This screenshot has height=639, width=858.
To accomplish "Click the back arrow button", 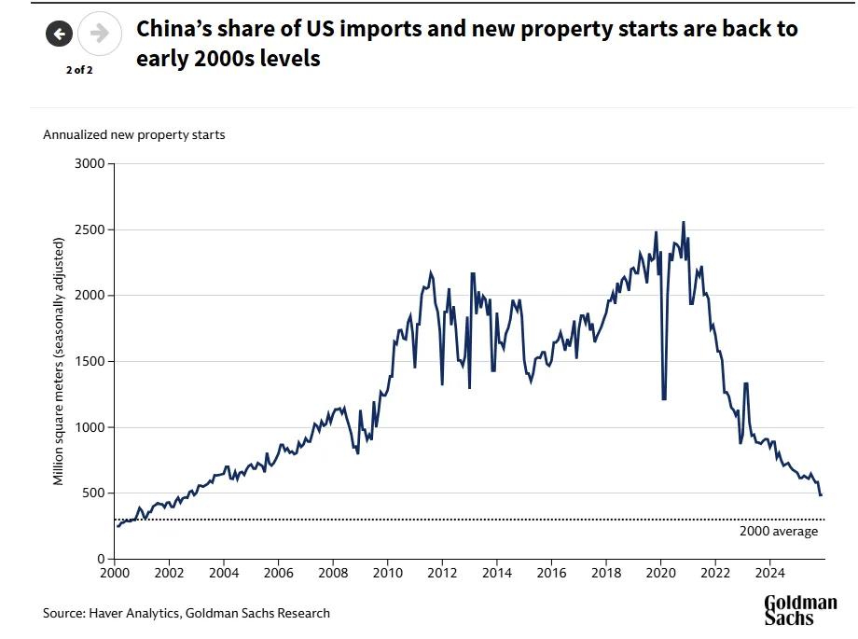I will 59,35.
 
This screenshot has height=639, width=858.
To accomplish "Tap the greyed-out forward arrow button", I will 99,35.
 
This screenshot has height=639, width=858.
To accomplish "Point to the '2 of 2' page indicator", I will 78,70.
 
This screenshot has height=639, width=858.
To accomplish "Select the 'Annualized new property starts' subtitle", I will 133,134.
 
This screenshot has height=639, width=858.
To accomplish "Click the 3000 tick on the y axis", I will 92,164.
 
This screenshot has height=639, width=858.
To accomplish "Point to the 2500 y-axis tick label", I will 92,229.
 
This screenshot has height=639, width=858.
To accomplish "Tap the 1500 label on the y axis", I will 92,362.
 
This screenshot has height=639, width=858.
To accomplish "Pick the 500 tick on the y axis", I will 96,493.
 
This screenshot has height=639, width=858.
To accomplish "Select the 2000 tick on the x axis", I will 115,572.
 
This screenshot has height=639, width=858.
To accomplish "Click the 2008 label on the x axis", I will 333,572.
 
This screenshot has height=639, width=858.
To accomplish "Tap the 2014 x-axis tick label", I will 497,572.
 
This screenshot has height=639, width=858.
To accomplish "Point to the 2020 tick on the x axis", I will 660,572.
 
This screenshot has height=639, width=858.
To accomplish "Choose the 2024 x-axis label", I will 769,572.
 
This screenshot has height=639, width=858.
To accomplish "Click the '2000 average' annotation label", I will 778,532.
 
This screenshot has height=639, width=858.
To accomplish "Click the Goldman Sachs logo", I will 800,610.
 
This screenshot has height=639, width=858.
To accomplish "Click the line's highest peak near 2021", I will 683,222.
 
